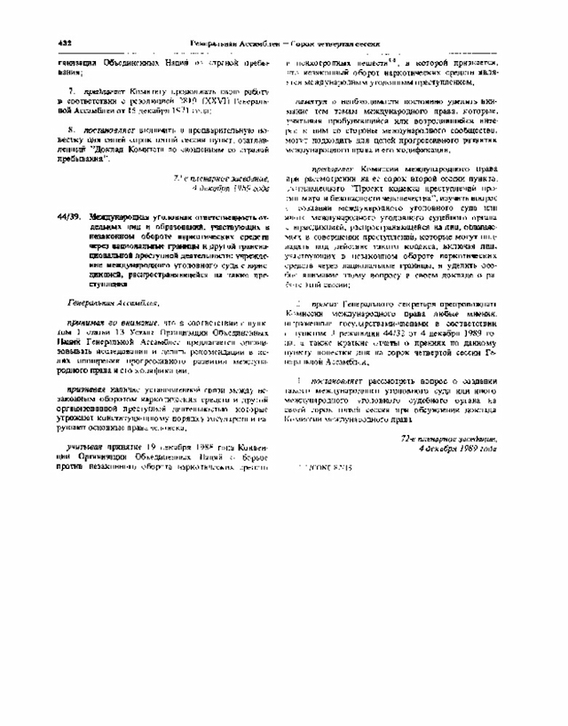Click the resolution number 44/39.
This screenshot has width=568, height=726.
[x=67, y=216]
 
